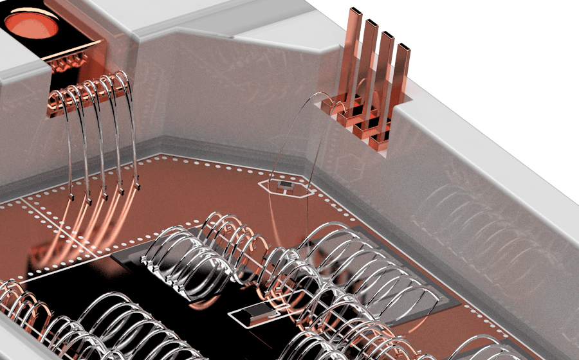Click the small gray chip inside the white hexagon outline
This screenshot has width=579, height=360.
tap(286, 186)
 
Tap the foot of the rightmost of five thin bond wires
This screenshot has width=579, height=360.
tap(136, 186)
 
